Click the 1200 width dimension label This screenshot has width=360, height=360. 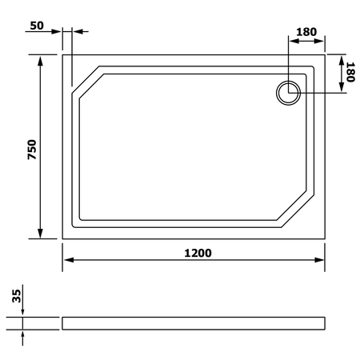point(198,253)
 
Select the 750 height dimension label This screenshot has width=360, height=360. point(32,150)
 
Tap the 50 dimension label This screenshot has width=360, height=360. point(37,26)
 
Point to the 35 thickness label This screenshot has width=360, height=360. point(17,296)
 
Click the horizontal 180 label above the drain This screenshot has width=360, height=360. point(306,32)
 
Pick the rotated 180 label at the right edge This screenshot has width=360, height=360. point(350,72)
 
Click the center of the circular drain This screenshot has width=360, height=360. point(288,93)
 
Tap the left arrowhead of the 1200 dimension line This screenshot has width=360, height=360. point(69,260)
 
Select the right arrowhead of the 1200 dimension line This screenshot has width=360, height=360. point(319,260)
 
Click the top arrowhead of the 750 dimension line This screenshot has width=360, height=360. point(40,61)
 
